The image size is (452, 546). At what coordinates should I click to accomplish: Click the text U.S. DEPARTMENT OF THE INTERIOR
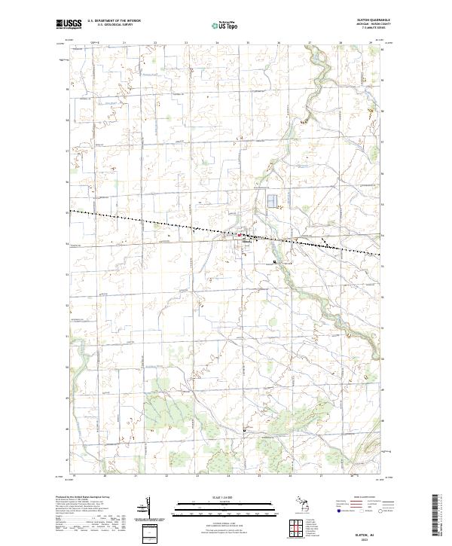click(114, 20)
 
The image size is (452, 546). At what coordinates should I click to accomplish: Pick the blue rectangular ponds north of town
click(270, 201)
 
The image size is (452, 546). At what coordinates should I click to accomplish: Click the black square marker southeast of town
click(275, 262)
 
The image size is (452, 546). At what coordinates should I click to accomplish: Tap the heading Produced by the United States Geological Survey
click(87, 498)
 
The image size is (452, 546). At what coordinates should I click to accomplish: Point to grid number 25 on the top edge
click(248, 44)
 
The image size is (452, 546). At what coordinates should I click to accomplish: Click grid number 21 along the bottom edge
click(136, 476)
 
